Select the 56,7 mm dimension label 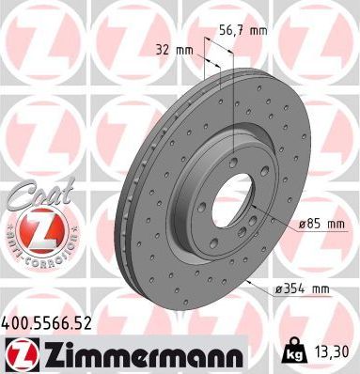pyautogui.click(x=243, y=31)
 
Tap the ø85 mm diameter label pyautogui.click(x=322, y=225)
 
